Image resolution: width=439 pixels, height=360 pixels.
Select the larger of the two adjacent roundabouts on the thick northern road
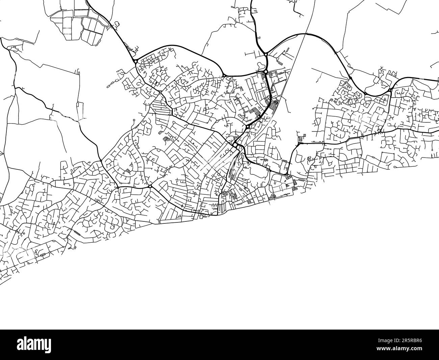click(266, 71)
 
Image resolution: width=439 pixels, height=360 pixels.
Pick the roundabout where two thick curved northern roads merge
click(266, 54)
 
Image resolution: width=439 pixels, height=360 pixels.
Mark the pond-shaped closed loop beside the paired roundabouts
click(261, 65)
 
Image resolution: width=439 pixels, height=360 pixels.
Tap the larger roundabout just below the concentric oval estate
click(150, 186)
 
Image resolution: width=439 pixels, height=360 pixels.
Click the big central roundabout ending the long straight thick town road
click(235, 145)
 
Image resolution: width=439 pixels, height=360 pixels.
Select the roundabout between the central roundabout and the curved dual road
click(248, 127)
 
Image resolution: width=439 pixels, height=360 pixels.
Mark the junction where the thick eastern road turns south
click(299, 144)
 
